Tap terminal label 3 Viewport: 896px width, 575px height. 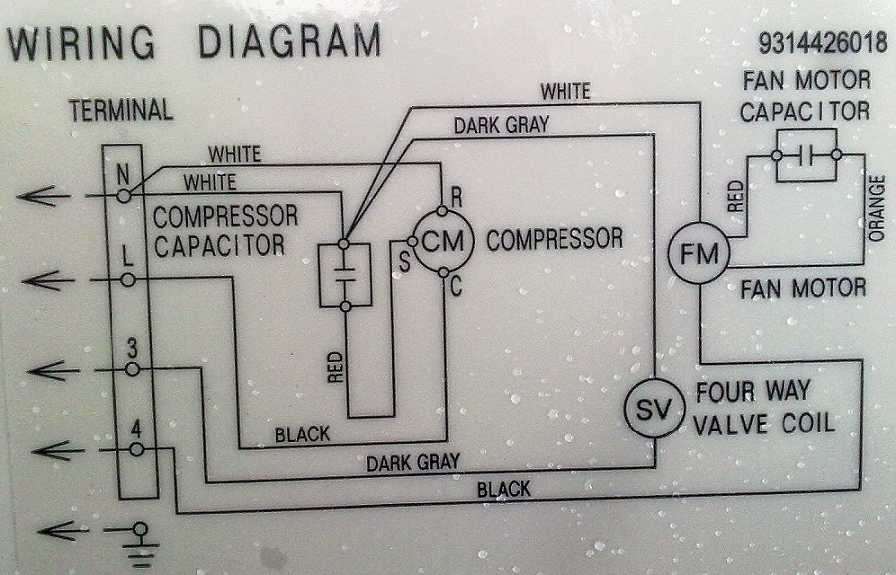click(131, 348)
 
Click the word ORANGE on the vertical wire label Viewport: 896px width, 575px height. click(877, 208)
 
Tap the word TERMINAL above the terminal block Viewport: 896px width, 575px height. click(120, 110)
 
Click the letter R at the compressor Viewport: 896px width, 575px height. click(457, 196)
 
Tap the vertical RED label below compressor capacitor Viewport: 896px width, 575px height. click(334, 366)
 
